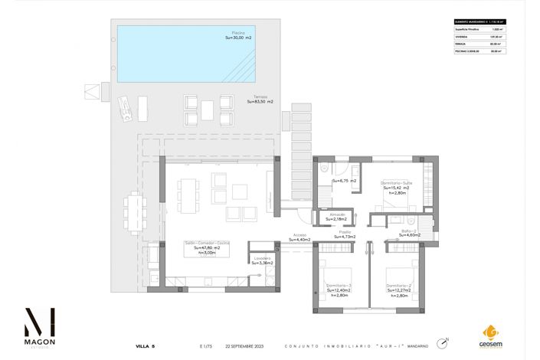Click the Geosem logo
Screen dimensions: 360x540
pos(490,335)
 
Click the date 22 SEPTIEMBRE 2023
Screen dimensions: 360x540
pos(239,346)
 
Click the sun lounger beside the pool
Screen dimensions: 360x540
pos(123,108)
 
